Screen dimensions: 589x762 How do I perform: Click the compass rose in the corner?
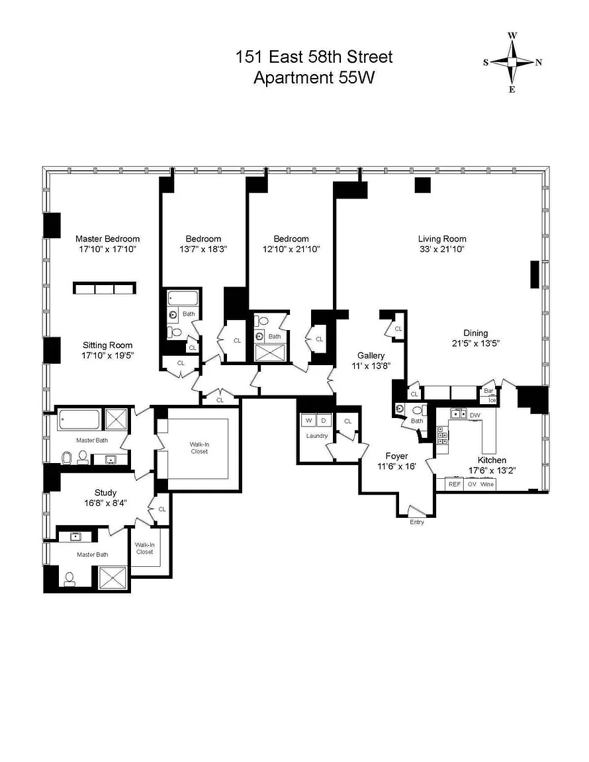click(x=512, y=62)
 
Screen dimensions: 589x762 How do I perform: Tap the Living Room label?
click(x=442, y=239)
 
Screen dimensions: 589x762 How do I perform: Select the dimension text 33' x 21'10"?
click(x=442, y=249)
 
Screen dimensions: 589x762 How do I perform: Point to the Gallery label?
click(x=371, y=356)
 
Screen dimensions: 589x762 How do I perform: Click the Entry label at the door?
click(x=417, y=522)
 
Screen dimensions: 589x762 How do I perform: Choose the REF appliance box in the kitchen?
click(x=454, y=484)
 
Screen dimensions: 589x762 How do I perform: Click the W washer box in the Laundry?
click(x=308, y=421)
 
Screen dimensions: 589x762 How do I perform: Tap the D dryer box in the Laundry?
click(x=324, y=421)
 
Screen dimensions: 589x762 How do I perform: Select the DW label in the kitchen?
click(x=475, y=415)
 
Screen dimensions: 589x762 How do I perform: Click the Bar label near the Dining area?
click(x=488, y=391)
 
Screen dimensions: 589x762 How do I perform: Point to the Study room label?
click(x=105, y=493)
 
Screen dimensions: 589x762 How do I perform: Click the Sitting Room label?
click(x=107, y=345)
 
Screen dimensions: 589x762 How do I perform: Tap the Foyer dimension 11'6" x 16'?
click(x=397, y=466)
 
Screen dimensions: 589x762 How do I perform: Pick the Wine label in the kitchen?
click(x=487, y=484)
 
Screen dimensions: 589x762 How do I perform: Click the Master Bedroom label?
click(x=107, y=239)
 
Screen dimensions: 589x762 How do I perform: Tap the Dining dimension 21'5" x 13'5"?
click(x=476, y=343)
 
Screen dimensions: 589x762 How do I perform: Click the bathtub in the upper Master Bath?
click(x=79, y=420)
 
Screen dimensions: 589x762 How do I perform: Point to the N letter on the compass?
click(x=539, y=62)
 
